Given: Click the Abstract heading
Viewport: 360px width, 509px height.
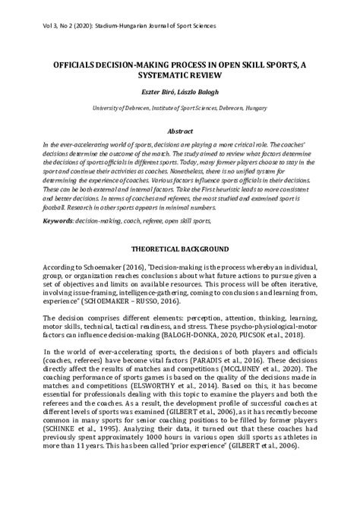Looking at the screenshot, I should (180, 131).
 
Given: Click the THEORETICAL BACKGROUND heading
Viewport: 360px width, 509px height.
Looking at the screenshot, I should (180, 249).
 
